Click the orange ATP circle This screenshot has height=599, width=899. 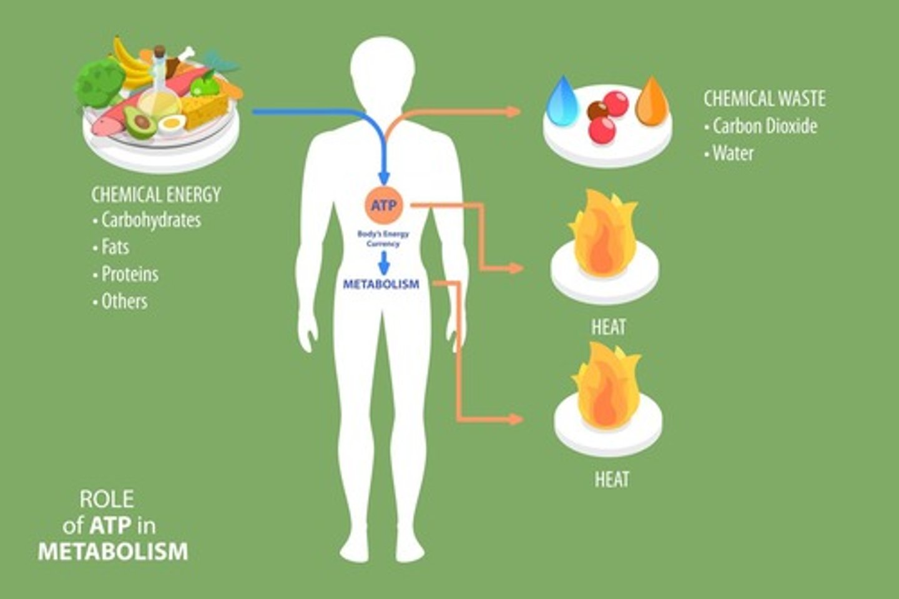(x=384, y=205)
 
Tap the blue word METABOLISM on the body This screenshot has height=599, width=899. (x=381, y=284)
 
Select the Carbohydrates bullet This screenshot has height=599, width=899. (x=150, y=220)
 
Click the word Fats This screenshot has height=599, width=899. (x=115, y=247)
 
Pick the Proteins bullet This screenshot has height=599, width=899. (x=130, y=274)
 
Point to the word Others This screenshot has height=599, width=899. (x=124, y=301)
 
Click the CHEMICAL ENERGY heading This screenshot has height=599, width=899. (x=156, y=194)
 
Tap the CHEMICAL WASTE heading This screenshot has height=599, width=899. (x=764, y=98)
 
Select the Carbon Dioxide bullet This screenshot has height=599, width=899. (x=764, y=126)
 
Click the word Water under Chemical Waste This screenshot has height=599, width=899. (x=733, y=153)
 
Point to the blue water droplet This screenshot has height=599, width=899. (x=564, y=98)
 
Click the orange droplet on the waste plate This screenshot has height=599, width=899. (x=651, y=101)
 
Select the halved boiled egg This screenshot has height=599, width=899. (x=171, y=124)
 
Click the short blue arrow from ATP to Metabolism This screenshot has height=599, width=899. (x=384, y=263)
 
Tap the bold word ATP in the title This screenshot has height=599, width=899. (x=110, y=525)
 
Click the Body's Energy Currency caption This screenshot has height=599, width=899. (x=383, y=239)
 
